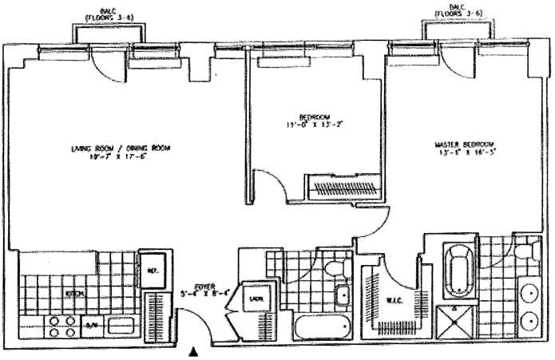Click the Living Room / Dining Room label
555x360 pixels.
pyautogui.click(x=120, y=148)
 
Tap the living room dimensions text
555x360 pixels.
pyautogui.click(x=120, y=157)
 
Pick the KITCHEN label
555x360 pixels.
pyautogui.click(x=75, y=293)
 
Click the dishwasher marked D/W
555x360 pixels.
pyautogui.click(x=92, y=324)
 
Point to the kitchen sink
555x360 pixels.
pyautogui.click(x=121, y=325)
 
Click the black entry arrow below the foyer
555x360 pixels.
pyautogui.click(x=192, y=350)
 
